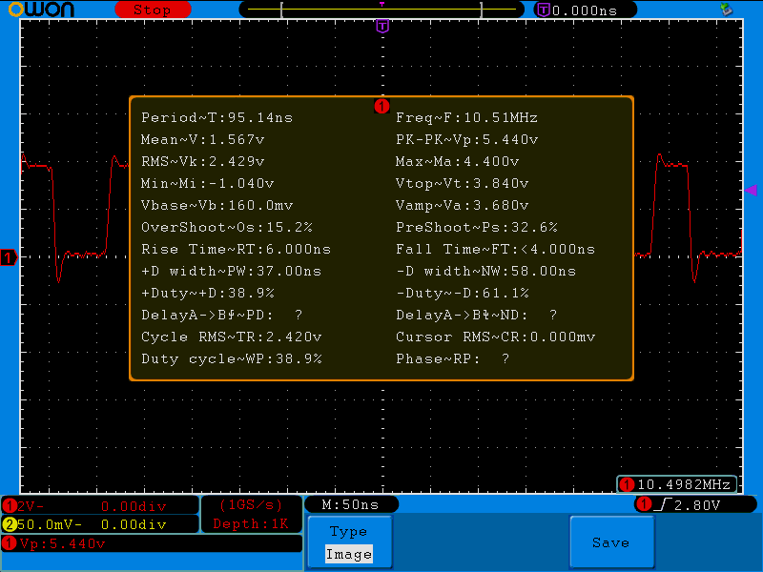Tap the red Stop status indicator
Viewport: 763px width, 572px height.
(152, 10)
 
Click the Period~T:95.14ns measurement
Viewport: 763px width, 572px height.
(217, 118)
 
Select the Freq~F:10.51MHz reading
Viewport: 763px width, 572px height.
(466, 118)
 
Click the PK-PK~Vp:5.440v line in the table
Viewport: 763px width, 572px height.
(466, 139)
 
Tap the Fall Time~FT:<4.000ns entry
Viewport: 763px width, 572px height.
(495, 249)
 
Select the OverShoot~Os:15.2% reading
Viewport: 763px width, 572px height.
(227, 228)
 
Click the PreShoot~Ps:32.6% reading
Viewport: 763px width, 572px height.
(477, 228)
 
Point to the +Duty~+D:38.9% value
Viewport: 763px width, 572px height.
(208, 293)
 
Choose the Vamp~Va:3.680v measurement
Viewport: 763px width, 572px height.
(463, 205)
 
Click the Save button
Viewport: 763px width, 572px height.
(610, 542)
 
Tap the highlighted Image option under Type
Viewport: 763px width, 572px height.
(348, 554)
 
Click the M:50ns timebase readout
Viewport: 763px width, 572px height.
(350, 504)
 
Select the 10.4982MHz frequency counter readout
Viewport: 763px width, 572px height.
(685, 484)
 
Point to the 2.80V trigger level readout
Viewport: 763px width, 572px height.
(698, 504)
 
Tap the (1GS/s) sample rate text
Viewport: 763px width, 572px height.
(251, 504)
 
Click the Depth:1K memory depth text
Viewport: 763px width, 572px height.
(251, 523)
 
